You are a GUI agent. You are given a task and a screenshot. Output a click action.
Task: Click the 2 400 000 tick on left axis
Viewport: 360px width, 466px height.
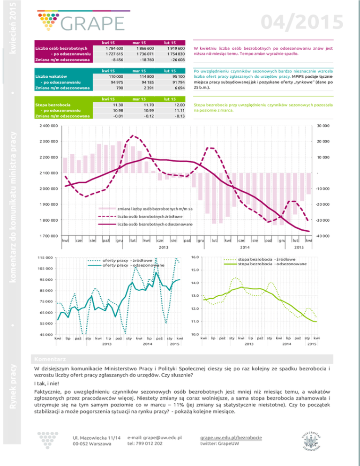pos(48,126)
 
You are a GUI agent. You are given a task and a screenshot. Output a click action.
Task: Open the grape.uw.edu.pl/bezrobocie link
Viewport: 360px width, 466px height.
pos(231,437)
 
